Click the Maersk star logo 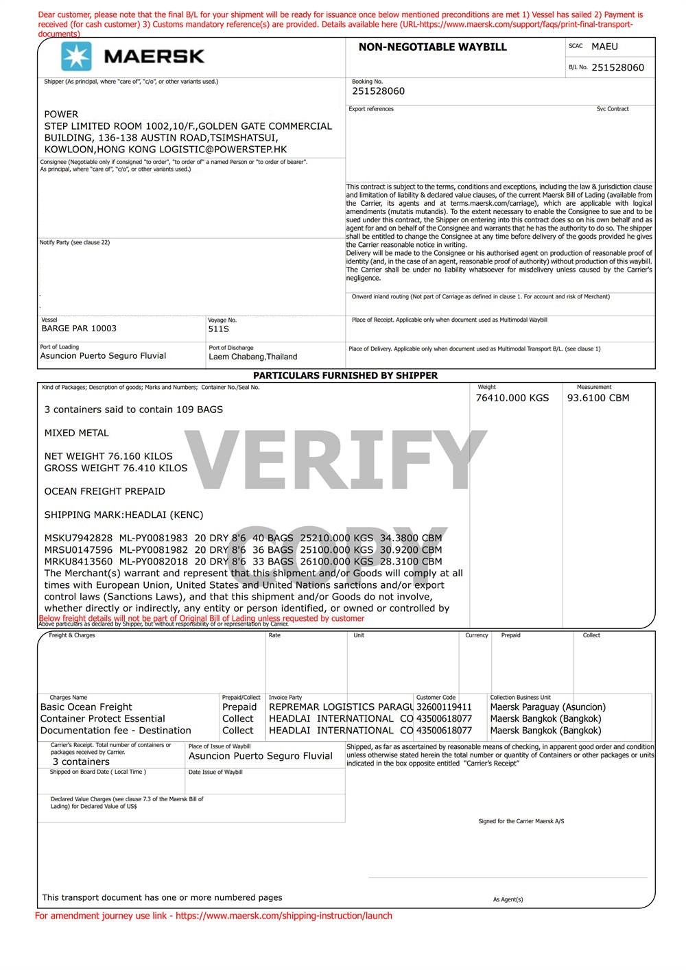[x=76, y=56]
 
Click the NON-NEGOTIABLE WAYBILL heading [x=432, y=47]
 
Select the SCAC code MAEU [x=604, y=47]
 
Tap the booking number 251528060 [x=378, y=91]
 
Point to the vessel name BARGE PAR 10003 [x=79, y=329]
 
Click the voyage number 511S [x=219, y=329]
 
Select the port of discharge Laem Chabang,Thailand [x=253, y=357]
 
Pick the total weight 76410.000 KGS [x=512, y=398]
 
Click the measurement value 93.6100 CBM [x=598, y=398]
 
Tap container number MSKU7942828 [x=78, y=539]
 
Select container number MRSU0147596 [x=78, y=550]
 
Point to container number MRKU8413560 [x=78, y=562]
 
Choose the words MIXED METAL [x=76, y=434]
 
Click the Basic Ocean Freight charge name [x=86, y=707]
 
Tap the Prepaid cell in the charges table [x=239, y=707]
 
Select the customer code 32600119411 [x=444, y=707]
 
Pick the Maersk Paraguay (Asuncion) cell [x=547, y=707]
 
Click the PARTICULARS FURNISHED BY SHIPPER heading [x=345, y=376]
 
